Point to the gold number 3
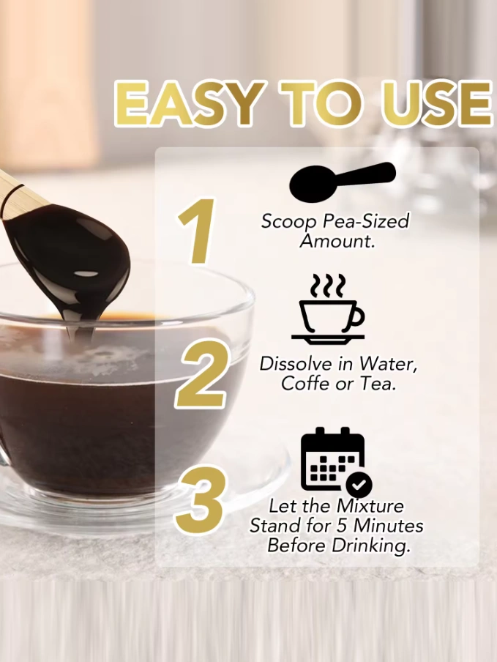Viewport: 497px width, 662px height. [200, 499]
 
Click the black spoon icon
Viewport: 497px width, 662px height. [343, 182]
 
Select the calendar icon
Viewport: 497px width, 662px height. [336, 461]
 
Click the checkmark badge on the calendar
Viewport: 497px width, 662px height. [359, 484]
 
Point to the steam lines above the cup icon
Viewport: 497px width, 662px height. [328, 285]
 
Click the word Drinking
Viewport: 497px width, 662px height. [370, 546]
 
